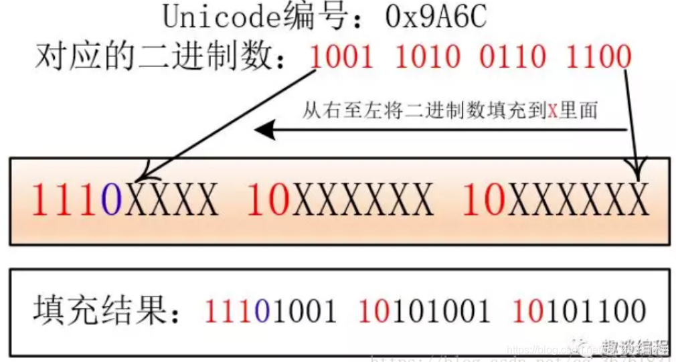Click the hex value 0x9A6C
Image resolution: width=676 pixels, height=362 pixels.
[436, 16]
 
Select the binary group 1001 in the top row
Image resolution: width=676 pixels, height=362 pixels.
[341, 58]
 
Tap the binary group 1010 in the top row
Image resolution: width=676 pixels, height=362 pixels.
[427, 58]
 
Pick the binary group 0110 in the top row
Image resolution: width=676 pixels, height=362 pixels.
[513, 58]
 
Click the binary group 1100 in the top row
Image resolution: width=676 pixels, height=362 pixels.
[598, 58]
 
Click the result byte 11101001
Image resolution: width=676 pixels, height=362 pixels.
[269, 312]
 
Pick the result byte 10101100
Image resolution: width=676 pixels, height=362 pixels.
[578, 312]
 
